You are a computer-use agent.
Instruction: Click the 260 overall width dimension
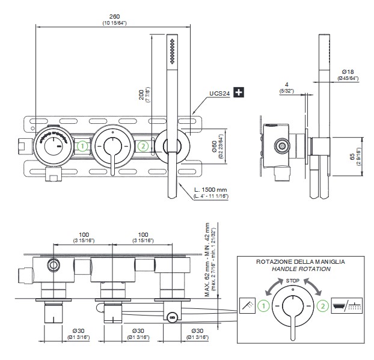(114, 17)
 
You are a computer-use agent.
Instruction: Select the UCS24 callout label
(219, 93)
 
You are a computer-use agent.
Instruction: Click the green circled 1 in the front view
(83, 145)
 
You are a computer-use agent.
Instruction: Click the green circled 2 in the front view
(143, 145)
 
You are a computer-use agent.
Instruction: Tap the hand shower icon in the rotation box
(245, 305)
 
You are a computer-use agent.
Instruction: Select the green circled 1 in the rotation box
(262, 305)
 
